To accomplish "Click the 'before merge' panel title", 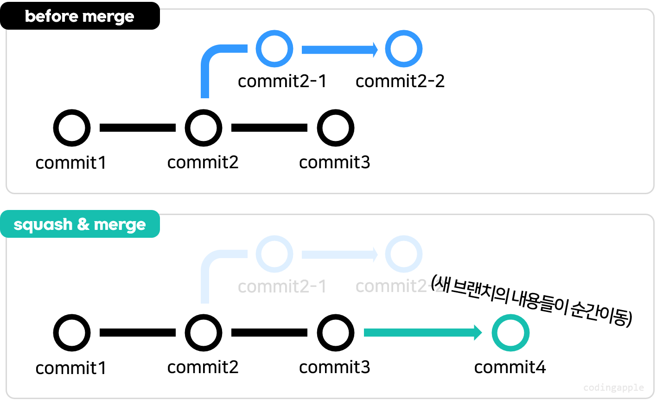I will pyautogui.click(x=79, y=17).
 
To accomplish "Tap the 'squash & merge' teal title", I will pyautogui.click(x=79, y=224).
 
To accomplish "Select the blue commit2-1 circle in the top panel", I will pyautogui.click(x=274, y=49).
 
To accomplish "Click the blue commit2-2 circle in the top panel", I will pyautogui.click(x=403, y=49).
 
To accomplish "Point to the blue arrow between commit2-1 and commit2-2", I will pyautogui.click(x=339, y=49).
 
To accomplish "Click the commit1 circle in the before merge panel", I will pyautogui.click(x=72, y=128).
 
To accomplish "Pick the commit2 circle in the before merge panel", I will pyautogui.click(x=203, y=128).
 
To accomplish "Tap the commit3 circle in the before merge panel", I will pyautogui.click(x=335, y=128).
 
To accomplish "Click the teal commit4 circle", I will pyautogui.click(x=510, y=333).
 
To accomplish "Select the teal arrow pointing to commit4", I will pyautogui.click(x=422, y=333).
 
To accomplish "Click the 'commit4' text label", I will pyautogui.click(x=510, y=367).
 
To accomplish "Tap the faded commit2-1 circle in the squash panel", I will pyautogui.click(x=274, y=254).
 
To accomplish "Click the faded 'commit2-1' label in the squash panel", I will pyautogui.click(x=282, y=286).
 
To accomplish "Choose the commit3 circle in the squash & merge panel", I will pyautogui.click(x=335, y=333).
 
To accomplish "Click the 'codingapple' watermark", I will pyautogui.click(x=613, y=387).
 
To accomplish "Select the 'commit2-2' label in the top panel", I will pyautogui.click(x=400, y=81).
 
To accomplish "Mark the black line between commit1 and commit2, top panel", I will pyautogui.click(x=138, y=128).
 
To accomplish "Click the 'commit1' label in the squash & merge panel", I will pyautogui.click(x=71, y=368).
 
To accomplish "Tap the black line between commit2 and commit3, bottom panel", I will pyautogui.click(x=269, y=333).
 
